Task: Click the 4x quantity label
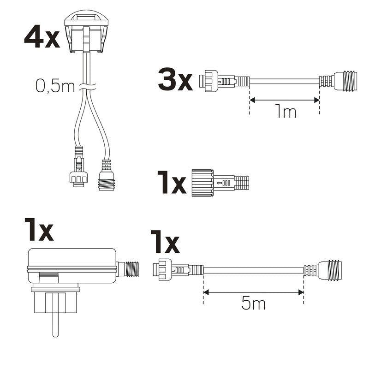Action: (x=42, y=38)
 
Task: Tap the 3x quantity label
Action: (x=175, y=80)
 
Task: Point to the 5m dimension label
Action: (x=253, y=304)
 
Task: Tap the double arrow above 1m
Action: (x=284, y=99)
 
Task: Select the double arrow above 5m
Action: (x=253, y=292)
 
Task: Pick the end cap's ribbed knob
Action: (x=202, y=183)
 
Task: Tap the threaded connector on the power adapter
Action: (x=128, y=269)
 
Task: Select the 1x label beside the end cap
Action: (x=171, y=183)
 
